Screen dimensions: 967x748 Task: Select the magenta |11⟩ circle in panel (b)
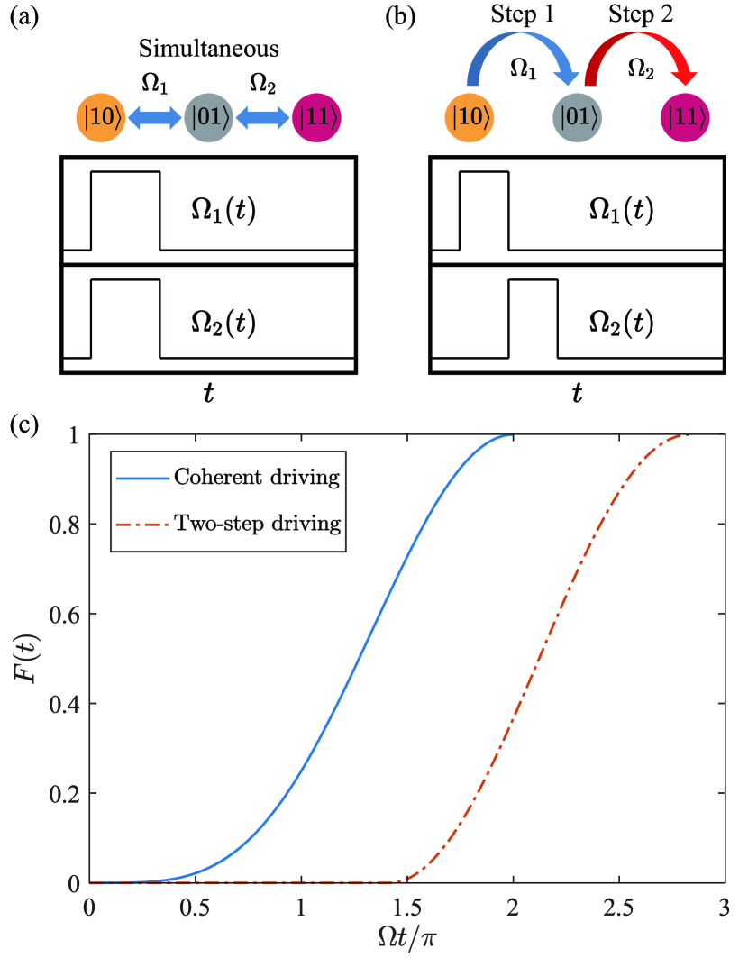pos(685,118)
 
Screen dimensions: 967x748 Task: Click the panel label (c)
pos(23,424)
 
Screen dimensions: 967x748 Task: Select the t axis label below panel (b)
pos(577,392)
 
